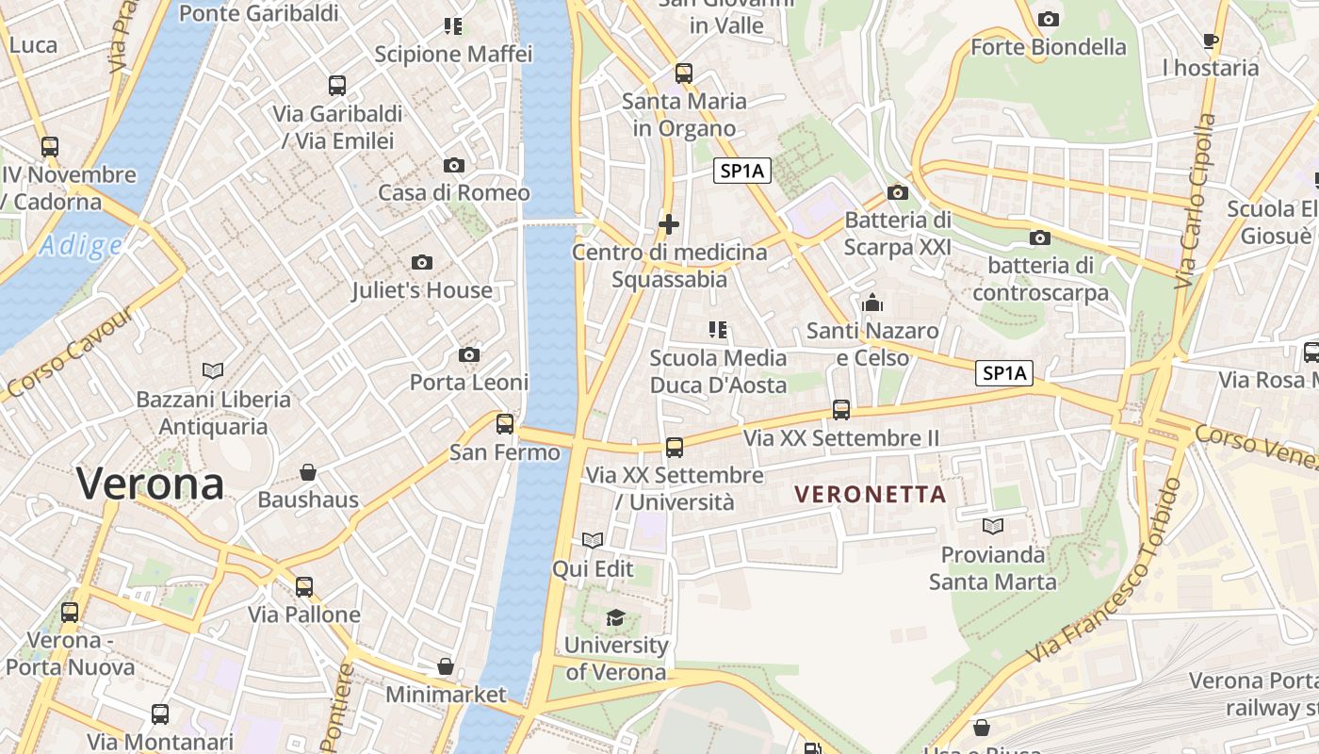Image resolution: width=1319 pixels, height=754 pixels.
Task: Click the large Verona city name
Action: [151, 484]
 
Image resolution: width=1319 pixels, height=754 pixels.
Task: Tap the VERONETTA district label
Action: [870, 494]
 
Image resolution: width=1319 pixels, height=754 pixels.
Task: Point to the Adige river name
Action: [80, 247]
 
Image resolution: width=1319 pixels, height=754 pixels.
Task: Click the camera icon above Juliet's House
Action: [422, 262]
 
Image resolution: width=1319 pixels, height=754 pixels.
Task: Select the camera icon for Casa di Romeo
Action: [454, 165]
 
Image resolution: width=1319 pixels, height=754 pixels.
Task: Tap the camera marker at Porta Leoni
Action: [468, 354]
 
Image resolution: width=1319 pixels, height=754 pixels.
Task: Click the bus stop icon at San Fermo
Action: [505, 424]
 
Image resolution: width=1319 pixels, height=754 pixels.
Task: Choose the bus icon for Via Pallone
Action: [303, 586]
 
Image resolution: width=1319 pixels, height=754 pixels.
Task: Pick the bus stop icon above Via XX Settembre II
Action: [841, 410]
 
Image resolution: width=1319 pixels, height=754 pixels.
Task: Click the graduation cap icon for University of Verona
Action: [615, 617]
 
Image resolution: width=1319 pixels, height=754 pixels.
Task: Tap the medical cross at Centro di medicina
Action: [669, 224]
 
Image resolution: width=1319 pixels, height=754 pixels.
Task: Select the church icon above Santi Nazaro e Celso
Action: [872, 303]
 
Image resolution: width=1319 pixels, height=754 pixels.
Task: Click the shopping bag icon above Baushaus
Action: [308, 471]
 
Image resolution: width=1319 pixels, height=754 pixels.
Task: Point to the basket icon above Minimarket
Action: [446, 666]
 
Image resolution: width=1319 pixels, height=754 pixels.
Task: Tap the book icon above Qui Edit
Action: [593, 540]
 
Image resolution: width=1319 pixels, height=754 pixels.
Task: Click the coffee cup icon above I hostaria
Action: [1211, 41]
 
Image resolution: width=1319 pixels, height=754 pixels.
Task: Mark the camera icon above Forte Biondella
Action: [1048, 19]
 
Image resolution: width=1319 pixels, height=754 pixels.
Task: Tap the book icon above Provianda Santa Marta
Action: [992, 526]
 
